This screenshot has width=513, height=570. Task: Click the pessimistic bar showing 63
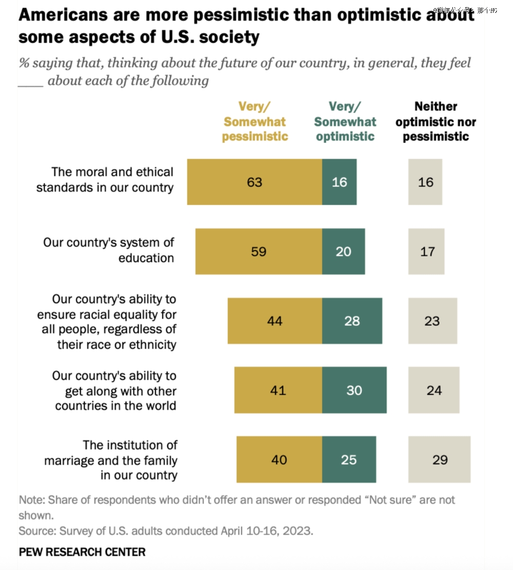pyautogui.click(x=254, y=182)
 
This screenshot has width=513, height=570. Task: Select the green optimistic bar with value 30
pyautogui.click(x=354, y=390)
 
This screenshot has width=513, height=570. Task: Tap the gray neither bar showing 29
pyautogui.click(x=440, y=459)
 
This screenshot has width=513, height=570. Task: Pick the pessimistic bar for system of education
pyautogui.click(x=259, y=251)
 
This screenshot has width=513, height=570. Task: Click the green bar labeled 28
pyautogui.click(x=352, y=321)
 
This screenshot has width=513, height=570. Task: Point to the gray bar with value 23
pyautogui.click(x=432, y=321)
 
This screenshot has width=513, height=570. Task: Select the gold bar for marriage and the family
pyautogui.click(x=279, y=459)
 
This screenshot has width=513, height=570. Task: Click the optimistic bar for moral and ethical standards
pyautogui.click(x=339, y=182)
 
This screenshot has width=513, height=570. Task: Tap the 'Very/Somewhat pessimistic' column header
pyautogui.click(x=255, y=121)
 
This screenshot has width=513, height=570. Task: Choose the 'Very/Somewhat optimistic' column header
pyautogui.click(x=345, y=121)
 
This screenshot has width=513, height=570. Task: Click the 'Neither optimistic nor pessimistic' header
pyautogui.click(x=436, y=121)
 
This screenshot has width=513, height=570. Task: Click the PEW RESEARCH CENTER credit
pyautogui.click(x=82, y=552)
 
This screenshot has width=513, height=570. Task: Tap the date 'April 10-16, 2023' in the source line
pyautogui.click(x=267, y=531)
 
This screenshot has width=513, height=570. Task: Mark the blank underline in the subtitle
pyautogui.click(x=31, y=82)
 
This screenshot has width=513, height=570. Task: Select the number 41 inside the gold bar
pyautogui.click(x=278, y=391)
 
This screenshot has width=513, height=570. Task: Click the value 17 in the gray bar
pyautogui.click(x=427, y=252)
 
